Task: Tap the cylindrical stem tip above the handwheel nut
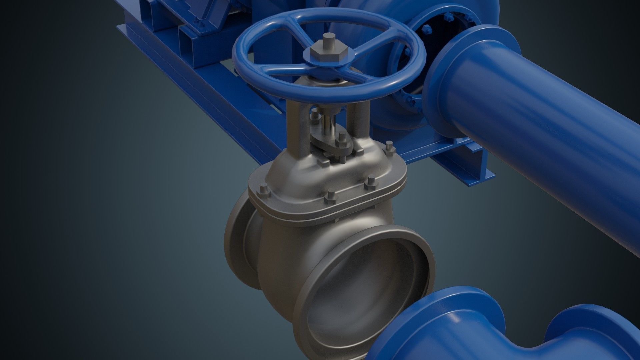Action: click(329, 42)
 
